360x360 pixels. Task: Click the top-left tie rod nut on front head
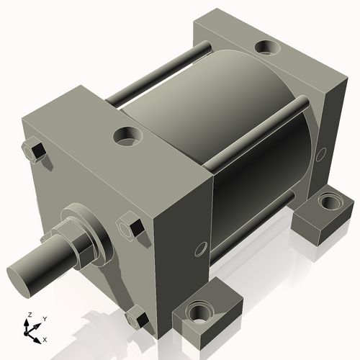[x=34, y=150]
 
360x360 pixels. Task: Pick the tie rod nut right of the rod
[x=130, y=228]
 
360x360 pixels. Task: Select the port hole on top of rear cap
[x=268, y=48]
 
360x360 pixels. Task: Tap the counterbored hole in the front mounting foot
[x=198, y=312]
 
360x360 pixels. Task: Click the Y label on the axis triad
[x=44, y=318]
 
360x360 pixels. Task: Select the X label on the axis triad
[x=45, y=338]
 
